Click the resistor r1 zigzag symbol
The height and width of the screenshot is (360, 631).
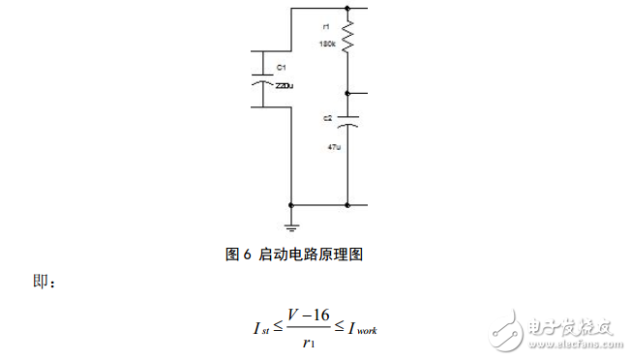[347, 39]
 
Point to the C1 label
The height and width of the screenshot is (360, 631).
[282, 68]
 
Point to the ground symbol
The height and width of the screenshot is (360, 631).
[291, 225]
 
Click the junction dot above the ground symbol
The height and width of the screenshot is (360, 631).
[291, 205]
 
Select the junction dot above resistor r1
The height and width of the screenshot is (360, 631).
[347, 10]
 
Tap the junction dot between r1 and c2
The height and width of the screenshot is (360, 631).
[347, 93]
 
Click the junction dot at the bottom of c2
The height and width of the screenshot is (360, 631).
[347, 205]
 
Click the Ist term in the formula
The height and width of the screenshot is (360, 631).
[259, 329]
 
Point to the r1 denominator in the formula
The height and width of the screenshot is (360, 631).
[309, 341]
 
